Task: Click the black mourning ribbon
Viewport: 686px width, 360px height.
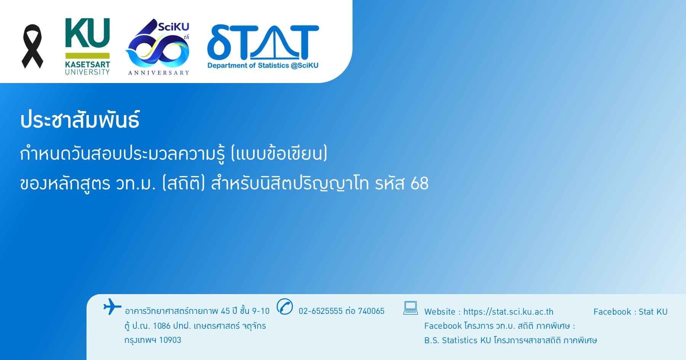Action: pyautogui.click(x=32, y=46)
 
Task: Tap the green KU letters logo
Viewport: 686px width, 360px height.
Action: pyautogui.click(x=88, y=33)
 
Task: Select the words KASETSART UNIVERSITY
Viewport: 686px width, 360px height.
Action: pyautogui.click(x=87, y=68)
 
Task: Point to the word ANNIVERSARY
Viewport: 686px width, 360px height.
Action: pyautogui.click(x=159, y=73)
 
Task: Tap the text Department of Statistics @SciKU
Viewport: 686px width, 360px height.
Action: pyautogui.click(x=263, y=66)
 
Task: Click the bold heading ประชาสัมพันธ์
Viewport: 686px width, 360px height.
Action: pyautogui.click(x=80, y=119)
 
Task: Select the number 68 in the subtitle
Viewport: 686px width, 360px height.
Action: pyautogui.click(x=420, y=184)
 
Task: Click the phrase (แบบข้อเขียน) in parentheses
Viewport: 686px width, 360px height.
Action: pyautogui.click(x=279, y=154)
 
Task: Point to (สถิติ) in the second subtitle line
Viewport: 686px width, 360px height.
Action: pyautogui.click(x=184, y=183)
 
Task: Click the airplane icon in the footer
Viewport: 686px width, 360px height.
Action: pyautogui.click(x=112, y=307)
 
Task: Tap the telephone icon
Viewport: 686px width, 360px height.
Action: pyautogui.click(x=285, y=307)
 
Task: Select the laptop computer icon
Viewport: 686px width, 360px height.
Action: pyautogui.click(x=410, y=308)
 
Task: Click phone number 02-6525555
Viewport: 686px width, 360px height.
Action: pyautogui.click(x=321, y=311)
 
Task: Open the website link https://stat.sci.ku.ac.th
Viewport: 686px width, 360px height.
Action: pyautogui.click(x=508, y=312)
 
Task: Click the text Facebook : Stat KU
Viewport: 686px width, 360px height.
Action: pyautogui.click(x=630, y=312)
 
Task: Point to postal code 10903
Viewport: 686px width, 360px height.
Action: pyautogui.click(x=170, y=340)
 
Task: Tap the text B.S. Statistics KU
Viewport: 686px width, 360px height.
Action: pyautogui.click(x=458, y=340)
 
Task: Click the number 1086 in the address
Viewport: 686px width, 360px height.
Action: pyautogui.click(x=162, y=326)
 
